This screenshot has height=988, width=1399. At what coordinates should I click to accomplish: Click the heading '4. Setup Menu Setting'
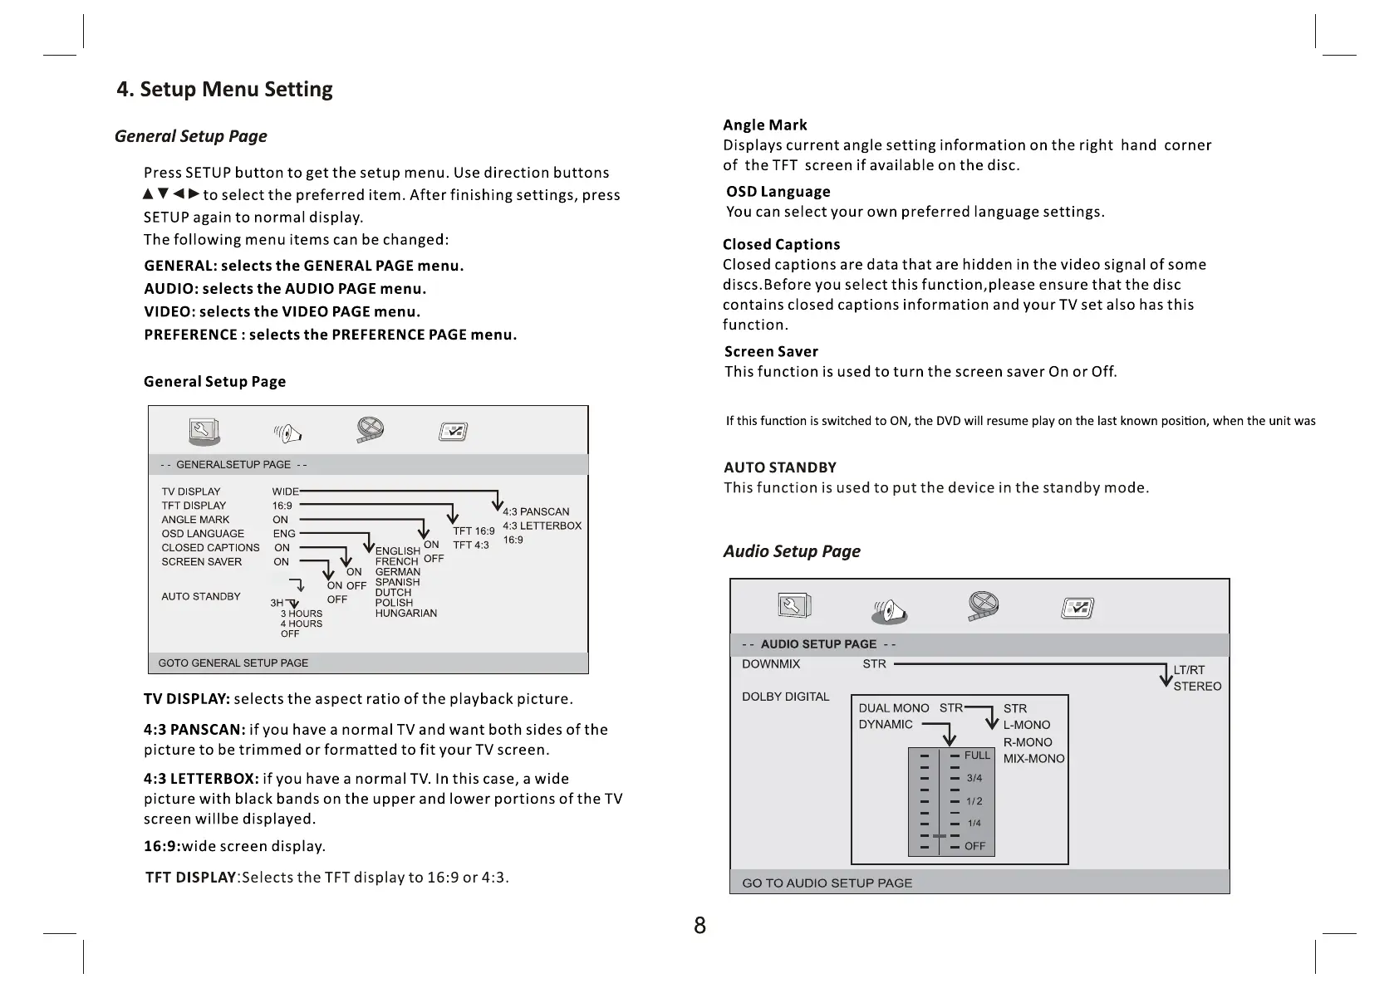(x=224, y=90)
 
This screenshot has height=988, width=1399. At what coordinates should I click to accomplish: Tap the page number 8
(x=699, y=926)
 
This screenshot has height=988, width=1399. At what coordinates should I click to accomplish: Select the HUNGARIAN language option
(x=405, y=614)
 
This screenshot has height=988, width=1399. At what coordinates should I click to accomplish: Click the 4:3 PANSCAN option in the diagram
(x=536, y=511)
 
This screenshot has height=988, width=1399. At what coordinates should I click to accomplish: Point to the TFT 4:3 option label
(x=471, y=545)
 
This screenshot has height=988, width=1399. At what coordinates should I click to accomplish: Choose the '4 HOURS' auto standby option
(x=302, y=624)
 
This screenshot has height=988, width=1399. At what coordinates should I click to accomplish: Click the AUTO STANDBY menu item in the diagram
(x=201, y=596)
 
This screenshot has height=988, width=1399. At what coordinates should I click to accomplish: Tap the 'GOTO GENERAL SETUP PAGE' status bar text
(x=233, y=663)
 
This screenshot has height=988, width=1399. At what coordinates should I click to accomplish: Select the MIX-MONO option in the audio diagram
(x=1033, y=759)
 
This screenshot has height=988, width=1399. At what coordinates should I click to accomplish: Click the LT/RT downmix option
(x=1189, y=670)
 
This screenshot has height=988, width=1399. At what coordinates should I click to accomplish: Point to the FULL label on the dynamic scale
(x=977, y=755)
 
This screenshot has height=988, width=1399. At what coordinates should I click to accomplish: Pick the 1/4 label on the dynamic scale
(x=974, y=824)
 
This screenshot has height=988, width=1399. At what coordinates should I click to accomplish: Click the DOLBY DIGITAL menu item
(x=785, y=697)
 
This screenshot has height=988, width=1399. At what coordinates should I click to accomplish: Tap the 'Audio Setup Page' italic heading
(x=791, y=551)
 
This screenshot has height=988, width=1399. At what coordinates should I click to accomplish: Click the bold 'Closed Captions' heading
(x=781, y=245)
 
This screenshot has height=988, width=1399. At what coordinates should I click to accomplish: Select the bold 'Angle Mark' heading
(x=764, y=125)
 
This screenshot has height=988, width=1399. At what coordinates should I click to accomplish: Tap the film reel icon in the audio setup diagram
(x=983, y=607)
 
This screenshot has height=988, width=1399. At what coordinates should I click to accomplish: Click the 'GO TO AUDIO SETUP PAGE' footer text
(x=827, y=883)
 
